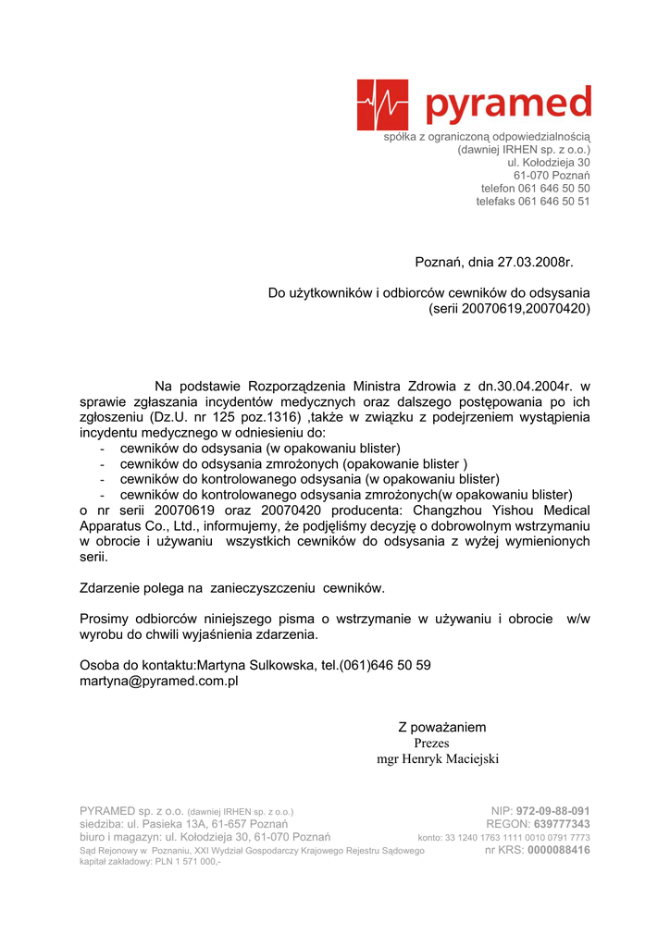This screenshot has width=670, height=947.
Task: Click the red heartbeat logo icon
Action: (382, 105)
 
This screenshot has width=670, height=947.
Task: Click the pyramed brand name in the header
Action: (508, 104)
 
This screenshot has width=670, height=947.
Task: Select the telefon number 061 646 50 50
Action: (554, 189)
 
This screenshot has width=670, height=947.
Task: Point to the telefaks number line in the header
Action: (533, 202)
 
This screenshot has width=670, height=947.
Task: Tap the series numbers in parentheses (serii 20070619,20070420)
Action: (510, 309)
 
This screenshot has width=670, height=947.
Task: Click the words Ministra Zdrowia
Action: (392, 386)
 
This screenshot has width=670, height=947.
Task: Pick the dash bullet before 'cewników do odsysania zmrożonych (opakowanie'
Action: (101, 464)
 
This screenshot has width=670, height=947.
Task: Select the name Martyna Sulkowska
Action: (256, 665)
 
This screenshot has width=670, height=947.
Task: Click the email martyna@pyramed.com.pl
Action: (159, 681)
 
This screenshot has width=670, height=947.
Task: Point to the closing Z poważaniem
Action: (441, 728)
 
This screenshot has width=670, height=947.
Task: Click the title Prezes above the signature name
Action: (431, 744)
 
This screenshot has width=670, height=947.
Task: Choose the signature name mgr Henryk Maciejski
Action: (438, 759)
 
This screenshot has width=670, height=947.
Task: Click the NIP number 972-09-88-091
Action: (552, 811)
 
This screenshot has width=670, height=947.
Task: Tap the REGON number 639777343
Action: (559, 824)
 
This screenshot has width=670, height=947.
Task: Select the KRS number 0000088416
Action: (558, 850)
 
